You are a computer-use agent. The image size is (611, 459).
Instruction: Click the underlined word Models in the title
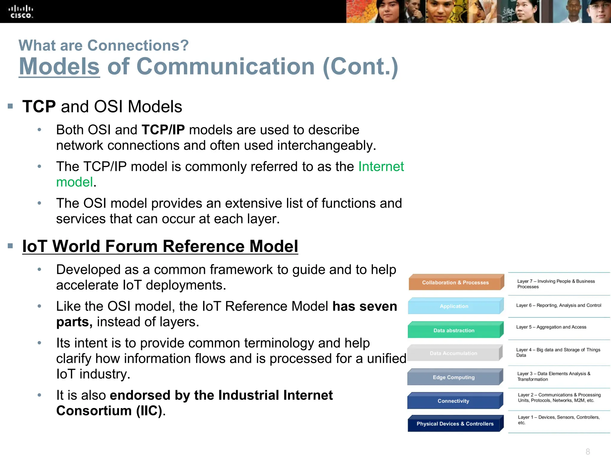pos(59,66)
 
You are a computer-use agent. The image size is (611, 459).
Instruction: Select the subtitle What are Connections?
pos(104,45)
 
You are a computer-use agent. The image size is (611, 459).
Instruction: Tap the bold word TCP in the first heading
pos(39,106)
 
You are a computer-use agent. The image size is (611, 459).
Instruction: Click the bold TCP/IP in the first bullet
pos(163,130)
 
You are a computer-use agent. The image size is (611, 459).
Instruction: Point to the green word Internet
pos(381,166)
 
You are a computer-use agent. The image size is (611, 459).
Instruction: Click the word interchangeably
pos(326,146)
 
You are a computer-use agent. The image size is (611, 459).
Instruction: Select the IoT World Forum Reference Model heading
pos(160,246)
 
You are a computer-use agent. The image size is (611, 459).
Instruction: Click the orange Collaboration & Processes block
pos(455,282)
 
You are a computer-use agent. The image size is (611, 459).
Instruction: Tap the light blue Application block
pos(454,306)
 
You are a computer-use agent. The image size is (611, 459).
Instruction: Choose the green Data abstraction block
pos(454,331)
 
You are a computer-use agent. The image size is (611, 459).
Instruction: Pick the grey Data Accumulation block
pos(453,353)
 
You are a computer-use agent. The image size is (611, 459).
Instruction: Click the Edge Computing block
pos(453,377)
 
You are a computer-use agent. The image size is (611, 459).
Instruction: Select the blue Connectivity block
pos(453,401)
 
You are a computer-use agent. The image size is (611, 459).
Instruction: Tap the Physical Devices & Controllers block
pos(455,424)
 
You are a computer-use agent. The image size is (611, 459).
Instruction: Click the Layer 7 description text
pos(556,284)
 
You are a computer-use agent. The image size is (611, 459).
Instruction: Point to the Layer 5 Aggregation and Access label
pos(551,327)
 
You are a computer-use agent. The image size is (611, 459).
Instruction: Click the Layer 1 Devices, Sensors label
pos(558,420)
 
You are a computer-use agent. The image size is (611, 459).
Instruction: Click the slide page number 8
pos(588,451)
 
